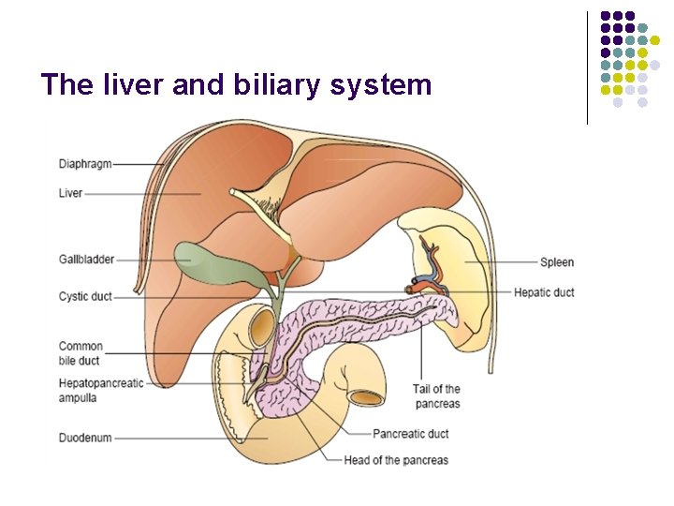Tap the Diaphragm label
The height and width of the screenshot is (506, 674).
(x=85, y=164)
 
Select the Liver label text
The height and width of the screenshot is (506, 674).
(x=71, y=194)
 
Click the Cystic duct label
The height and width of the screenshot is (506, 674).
(x=85, y=297)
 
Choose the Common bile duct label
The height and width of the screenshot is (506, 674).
(x=81, y=353)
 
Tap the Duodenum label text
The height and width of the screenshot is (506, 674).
(x=85, y=438)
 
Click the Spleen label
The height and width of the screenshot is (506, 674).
(x=557, y=261)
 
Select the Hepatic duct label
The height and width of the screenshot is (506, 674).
(x=544, y=292)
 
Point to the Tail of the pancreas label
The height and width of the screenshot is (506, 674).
(x=436, y=396)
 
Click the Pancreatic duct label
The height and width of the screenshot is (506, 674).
(x=410, y=434)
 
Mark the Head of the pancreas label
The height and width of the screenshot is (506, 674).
(x=396, y=460)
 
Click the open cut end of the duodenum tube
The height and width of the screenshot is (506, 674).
(x=367, y=396)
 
